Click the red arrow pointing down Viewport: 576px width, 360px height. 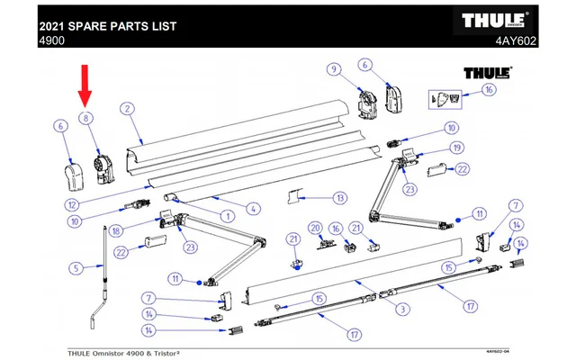coord(86,83)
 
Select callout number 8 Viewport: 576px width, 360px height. coord(86,118)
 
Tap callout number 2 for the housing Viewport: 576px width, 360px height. coord(128,109)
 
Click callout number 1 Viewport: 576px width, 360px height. coord(228,215)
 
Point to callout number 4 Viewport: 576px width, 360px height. coord(254,210)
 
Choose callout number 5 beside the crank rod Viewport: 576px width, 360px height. coord(76,266)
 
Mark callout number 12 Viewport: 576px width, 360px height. coord(71,204)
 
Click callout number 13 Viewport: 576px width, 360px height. coord(339,197)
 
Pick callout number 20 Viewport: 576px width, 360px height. coord(316,227)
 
